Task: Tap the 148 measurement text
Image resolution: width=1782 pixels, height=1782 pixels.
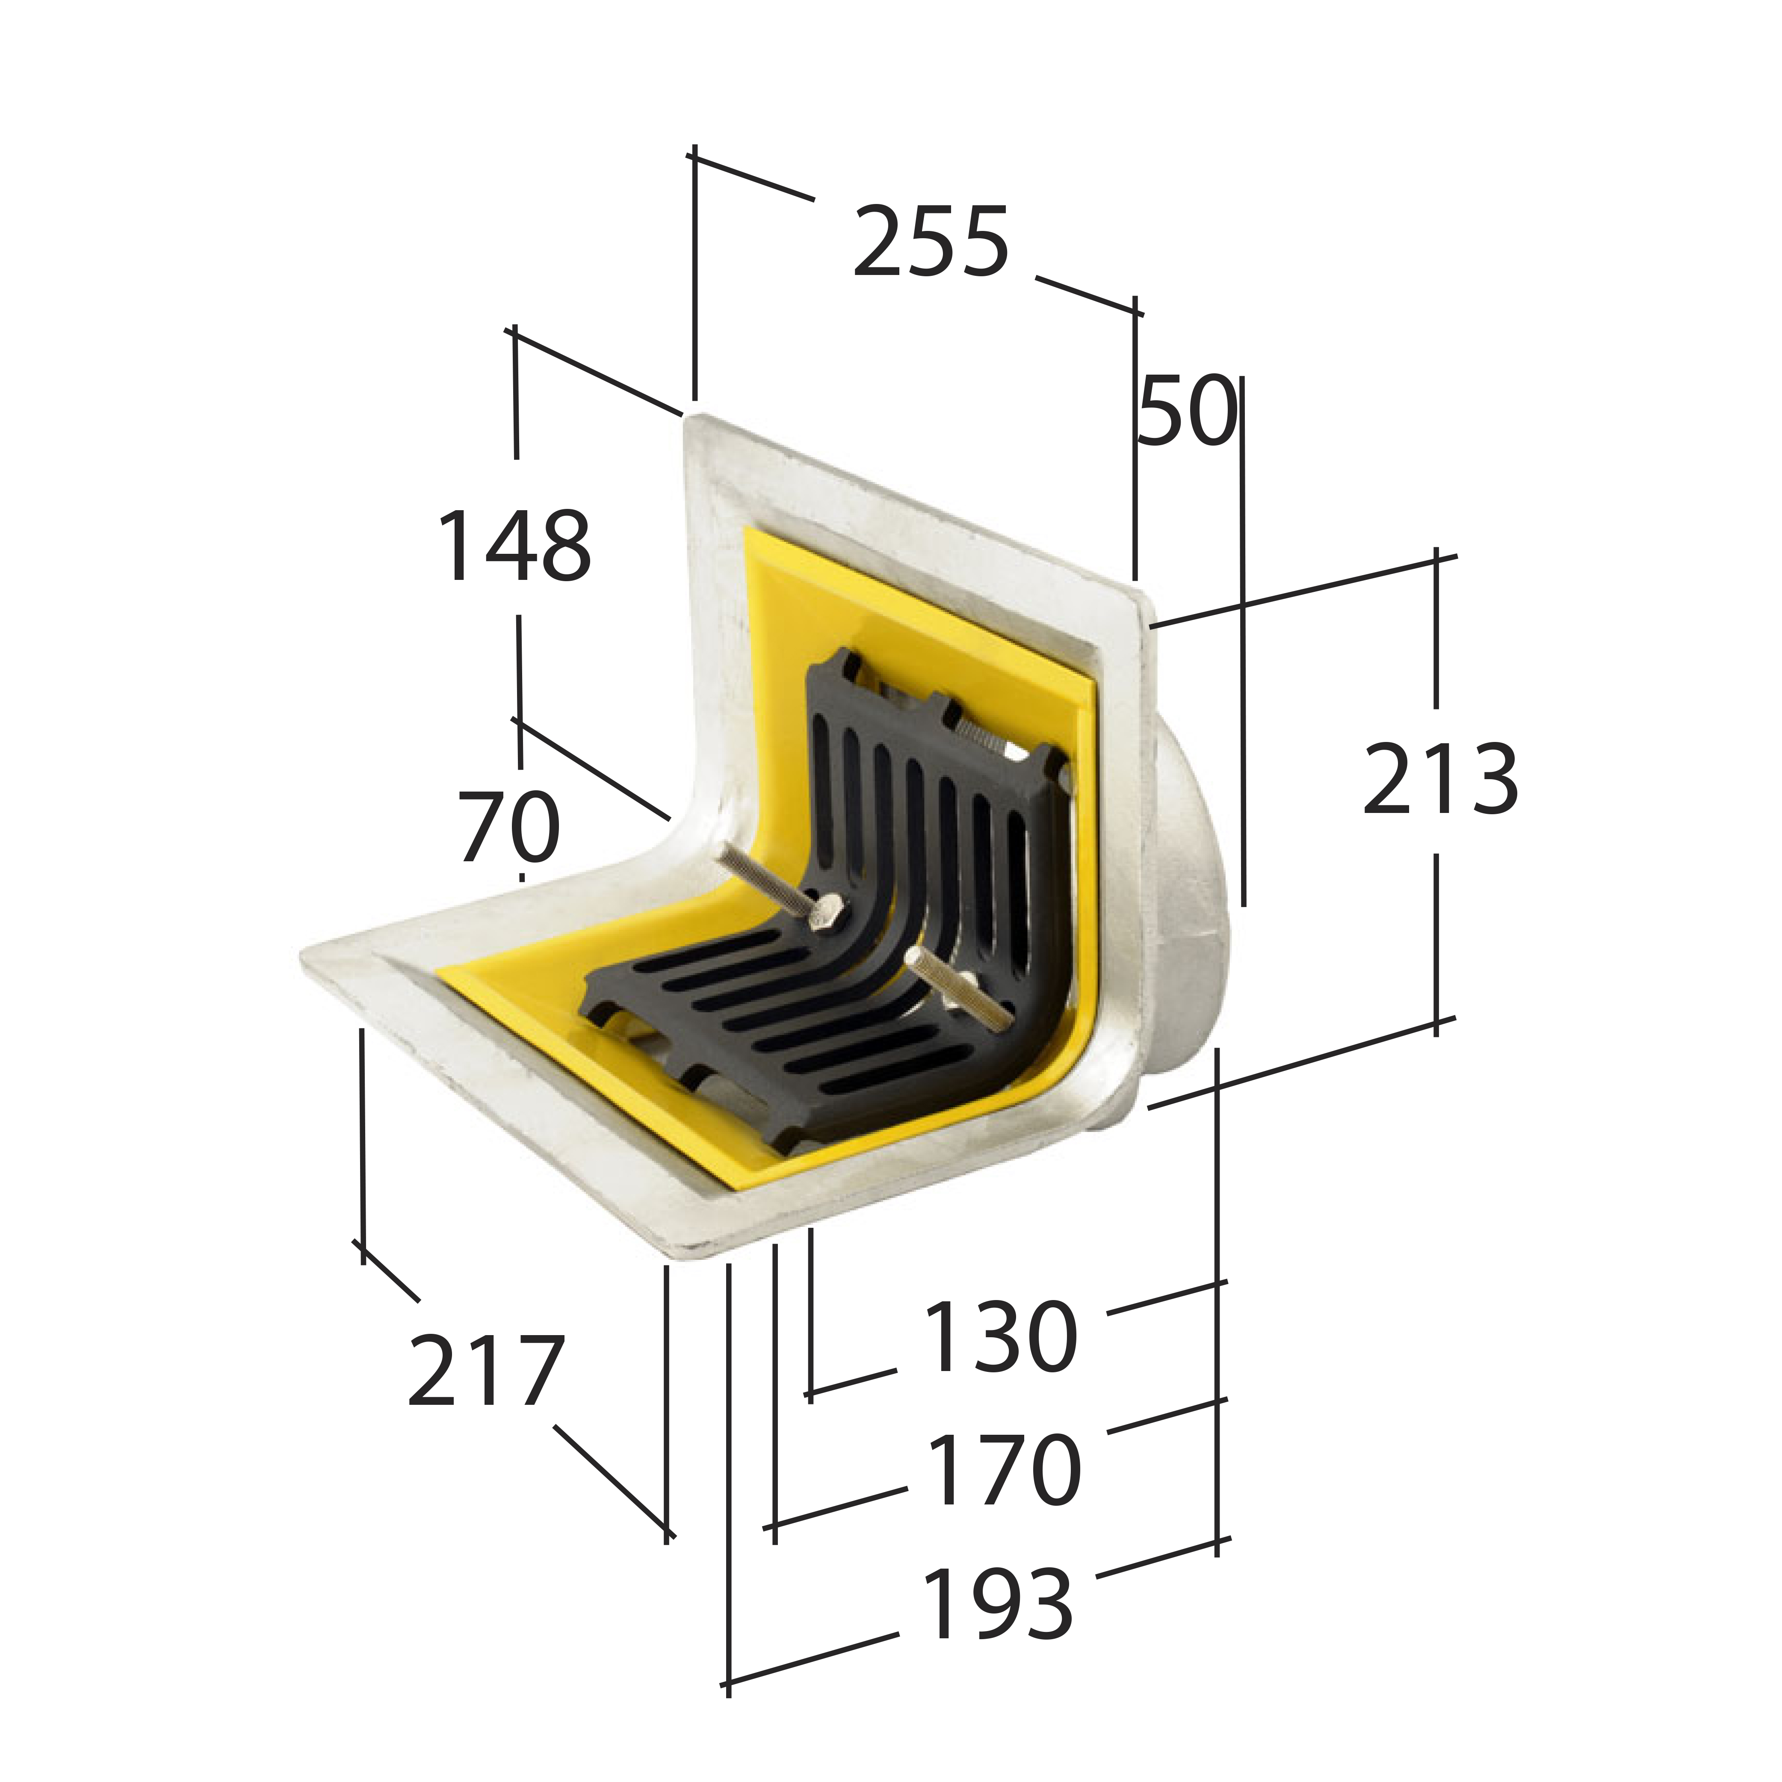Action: click(514, 547)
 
